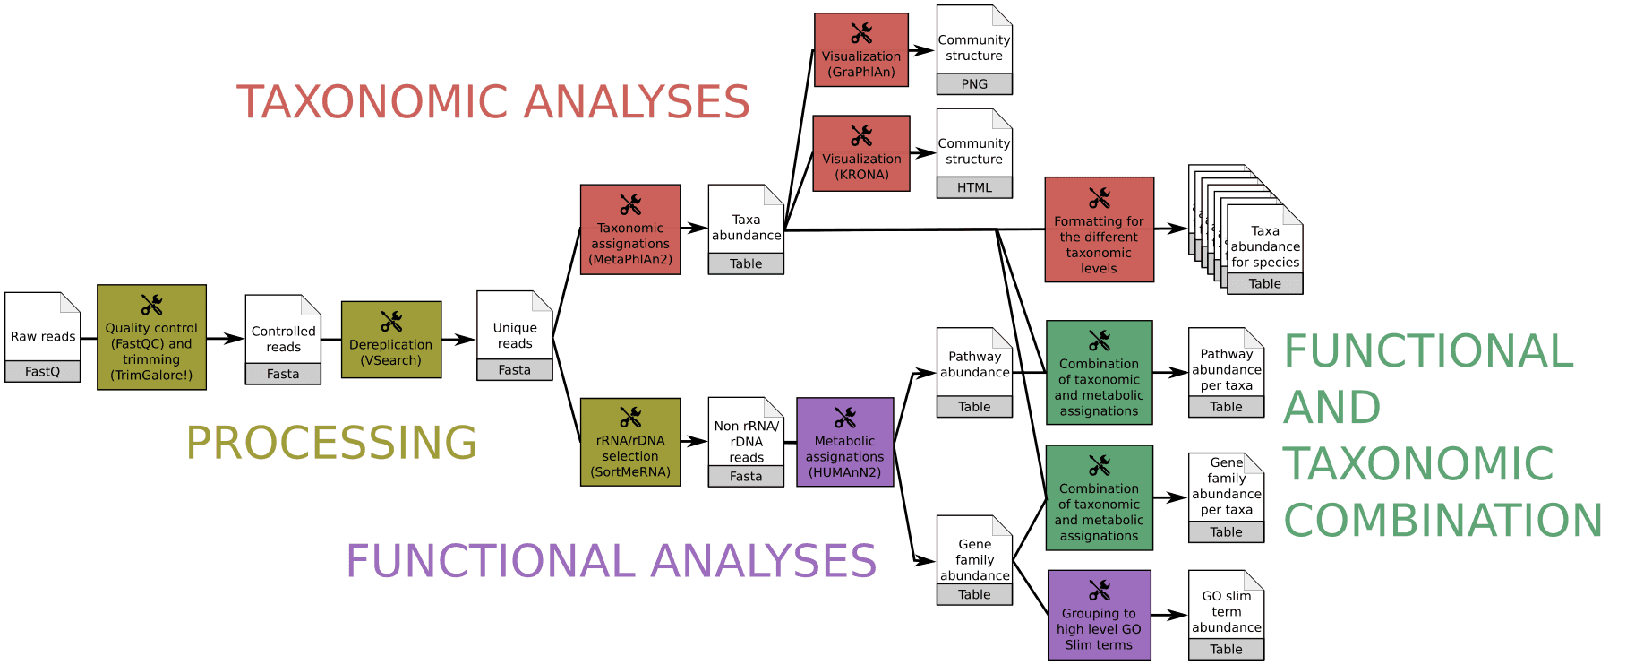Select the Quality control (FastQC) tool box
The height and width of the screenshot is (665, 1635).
[x=151, y=338]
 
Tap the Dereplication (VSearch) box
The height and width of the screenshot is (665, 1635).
[x=391, y=340]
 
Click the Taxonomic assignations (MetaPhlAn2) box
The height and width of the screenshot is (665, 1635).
[x=630, y=230]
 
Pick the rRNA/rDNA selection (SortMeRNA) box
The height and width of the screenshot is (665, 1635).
[x=630, y=443]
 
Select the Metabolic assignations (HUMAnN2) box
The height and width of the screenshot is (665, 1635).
[x=844, y=443]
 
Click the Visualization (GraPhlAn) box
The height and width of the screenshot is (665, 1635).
[x=861, y=50]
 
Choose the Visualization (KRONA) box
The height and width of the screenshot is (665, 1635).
[x=861, y=153]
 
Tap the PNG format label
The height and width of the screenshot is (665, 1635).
[x=974, y=84]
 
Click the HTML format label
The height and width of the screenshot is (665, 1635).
[x=974, y=187]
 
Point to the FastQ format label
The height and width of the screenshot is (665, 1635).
[x=42, y=372]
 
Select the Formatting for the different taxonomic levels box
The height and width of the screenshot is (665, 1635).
[x=1099, y=230]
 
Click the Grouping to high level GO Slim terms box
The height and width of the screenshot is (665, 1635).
[x=1099, y=616]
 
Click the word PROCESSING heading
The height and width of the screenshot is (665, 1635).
[x=331, y=443]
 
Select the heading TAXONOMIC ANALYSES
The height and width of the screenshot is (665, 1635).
[x=492, y=102]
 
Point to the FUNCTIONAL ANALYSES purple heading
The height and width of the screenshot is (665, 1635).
[x=611, y=562]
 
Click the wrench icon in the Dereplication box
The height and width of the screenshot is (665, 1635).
[x=391, y=321]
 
